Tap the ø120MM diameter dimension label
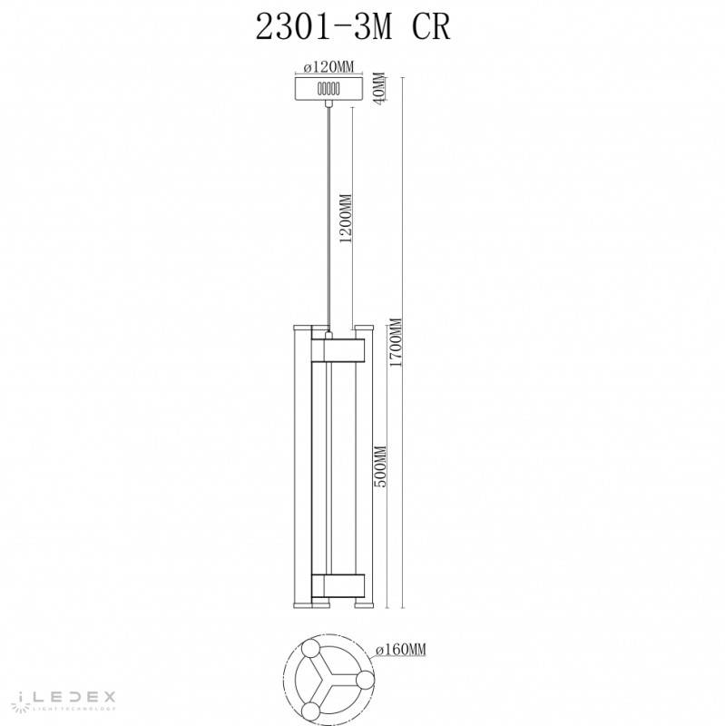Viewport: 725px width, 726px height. (328, 67)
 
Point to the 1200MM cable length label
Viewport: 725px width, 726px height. (345, 221)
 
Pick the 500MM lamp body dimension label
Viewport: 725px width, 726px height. (382, 466)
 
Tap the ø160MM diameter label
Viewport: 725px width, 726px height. (402, 650)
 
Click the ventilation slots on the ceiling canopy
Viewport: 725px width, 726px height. (328, 89)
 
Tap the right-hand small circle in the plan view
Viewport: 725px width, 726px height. (364, 681)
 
